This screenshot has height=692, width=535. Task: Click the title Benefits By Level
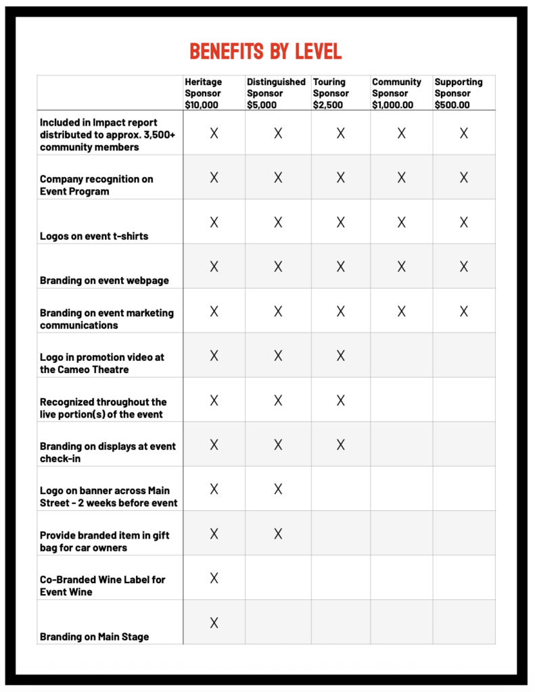pos(266,51)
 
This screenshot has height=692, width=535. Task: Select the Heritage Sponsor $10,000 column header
pos(204,93)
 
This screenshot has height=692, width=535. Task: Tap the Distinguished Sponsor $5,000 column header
pos(276,93)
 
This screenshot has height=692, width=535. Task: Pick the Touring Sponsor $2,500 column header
pos(331,93)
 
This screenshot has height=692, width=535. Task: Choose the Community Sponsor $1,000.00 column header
pos(396,93)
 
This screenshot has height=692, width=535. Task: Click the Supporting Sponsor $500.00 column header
pos(459,93)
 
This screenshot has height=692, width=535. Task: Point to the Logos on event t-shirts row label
pos(94,236)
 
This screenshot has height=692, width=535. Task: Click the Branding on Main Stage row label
pos(94,636)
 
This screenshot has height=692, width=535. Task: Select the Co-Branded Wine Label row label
pos(102,585)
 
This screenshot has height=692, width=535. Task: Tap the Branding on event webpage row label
pos(104,280)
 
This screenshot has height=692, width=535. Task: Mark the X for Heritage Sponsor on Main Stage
pos(214,622)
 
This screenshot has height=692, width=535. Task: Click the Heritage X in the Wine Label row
pos(214,578)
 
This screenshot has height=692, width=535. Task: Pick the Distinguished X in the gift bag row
pos(278,534)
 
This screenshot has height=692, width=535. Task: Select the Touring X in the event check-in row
pos(340,445)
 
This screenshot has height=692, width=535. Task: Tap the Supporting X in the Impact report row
pos(464,133)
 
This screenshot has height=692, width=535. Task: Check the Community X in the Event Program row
pos(401,178)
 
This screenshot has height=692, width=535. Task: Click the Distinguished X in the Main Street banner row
pos(278,489)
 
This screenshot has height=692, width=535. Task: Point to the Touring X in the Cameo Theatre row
pos(340,355)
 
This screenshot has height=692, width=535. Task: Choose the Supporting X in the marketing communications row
pos(464,311)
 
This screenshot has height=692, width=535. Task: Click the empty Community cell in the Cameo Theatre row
pos(402,355)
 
